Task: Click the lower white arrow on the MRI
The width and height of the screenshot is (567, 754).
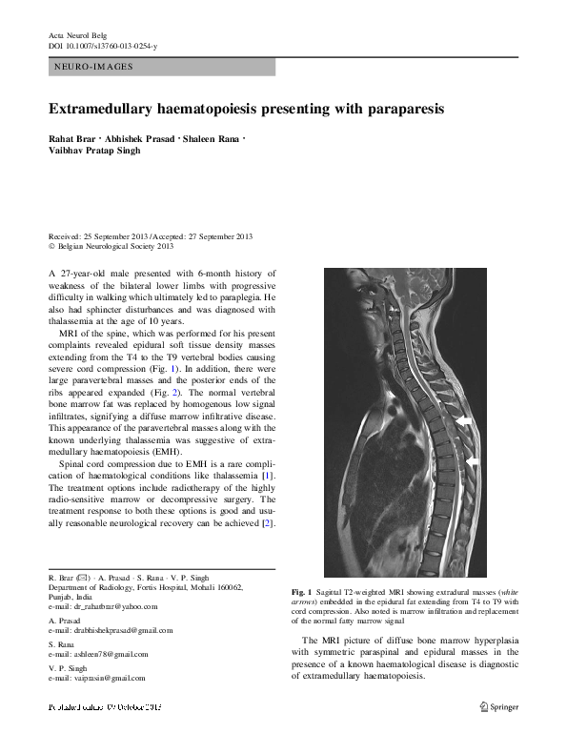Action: coord(474,461)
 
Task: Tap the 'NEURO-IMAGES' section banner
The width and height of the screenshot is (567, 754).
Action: coord(161,67)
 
